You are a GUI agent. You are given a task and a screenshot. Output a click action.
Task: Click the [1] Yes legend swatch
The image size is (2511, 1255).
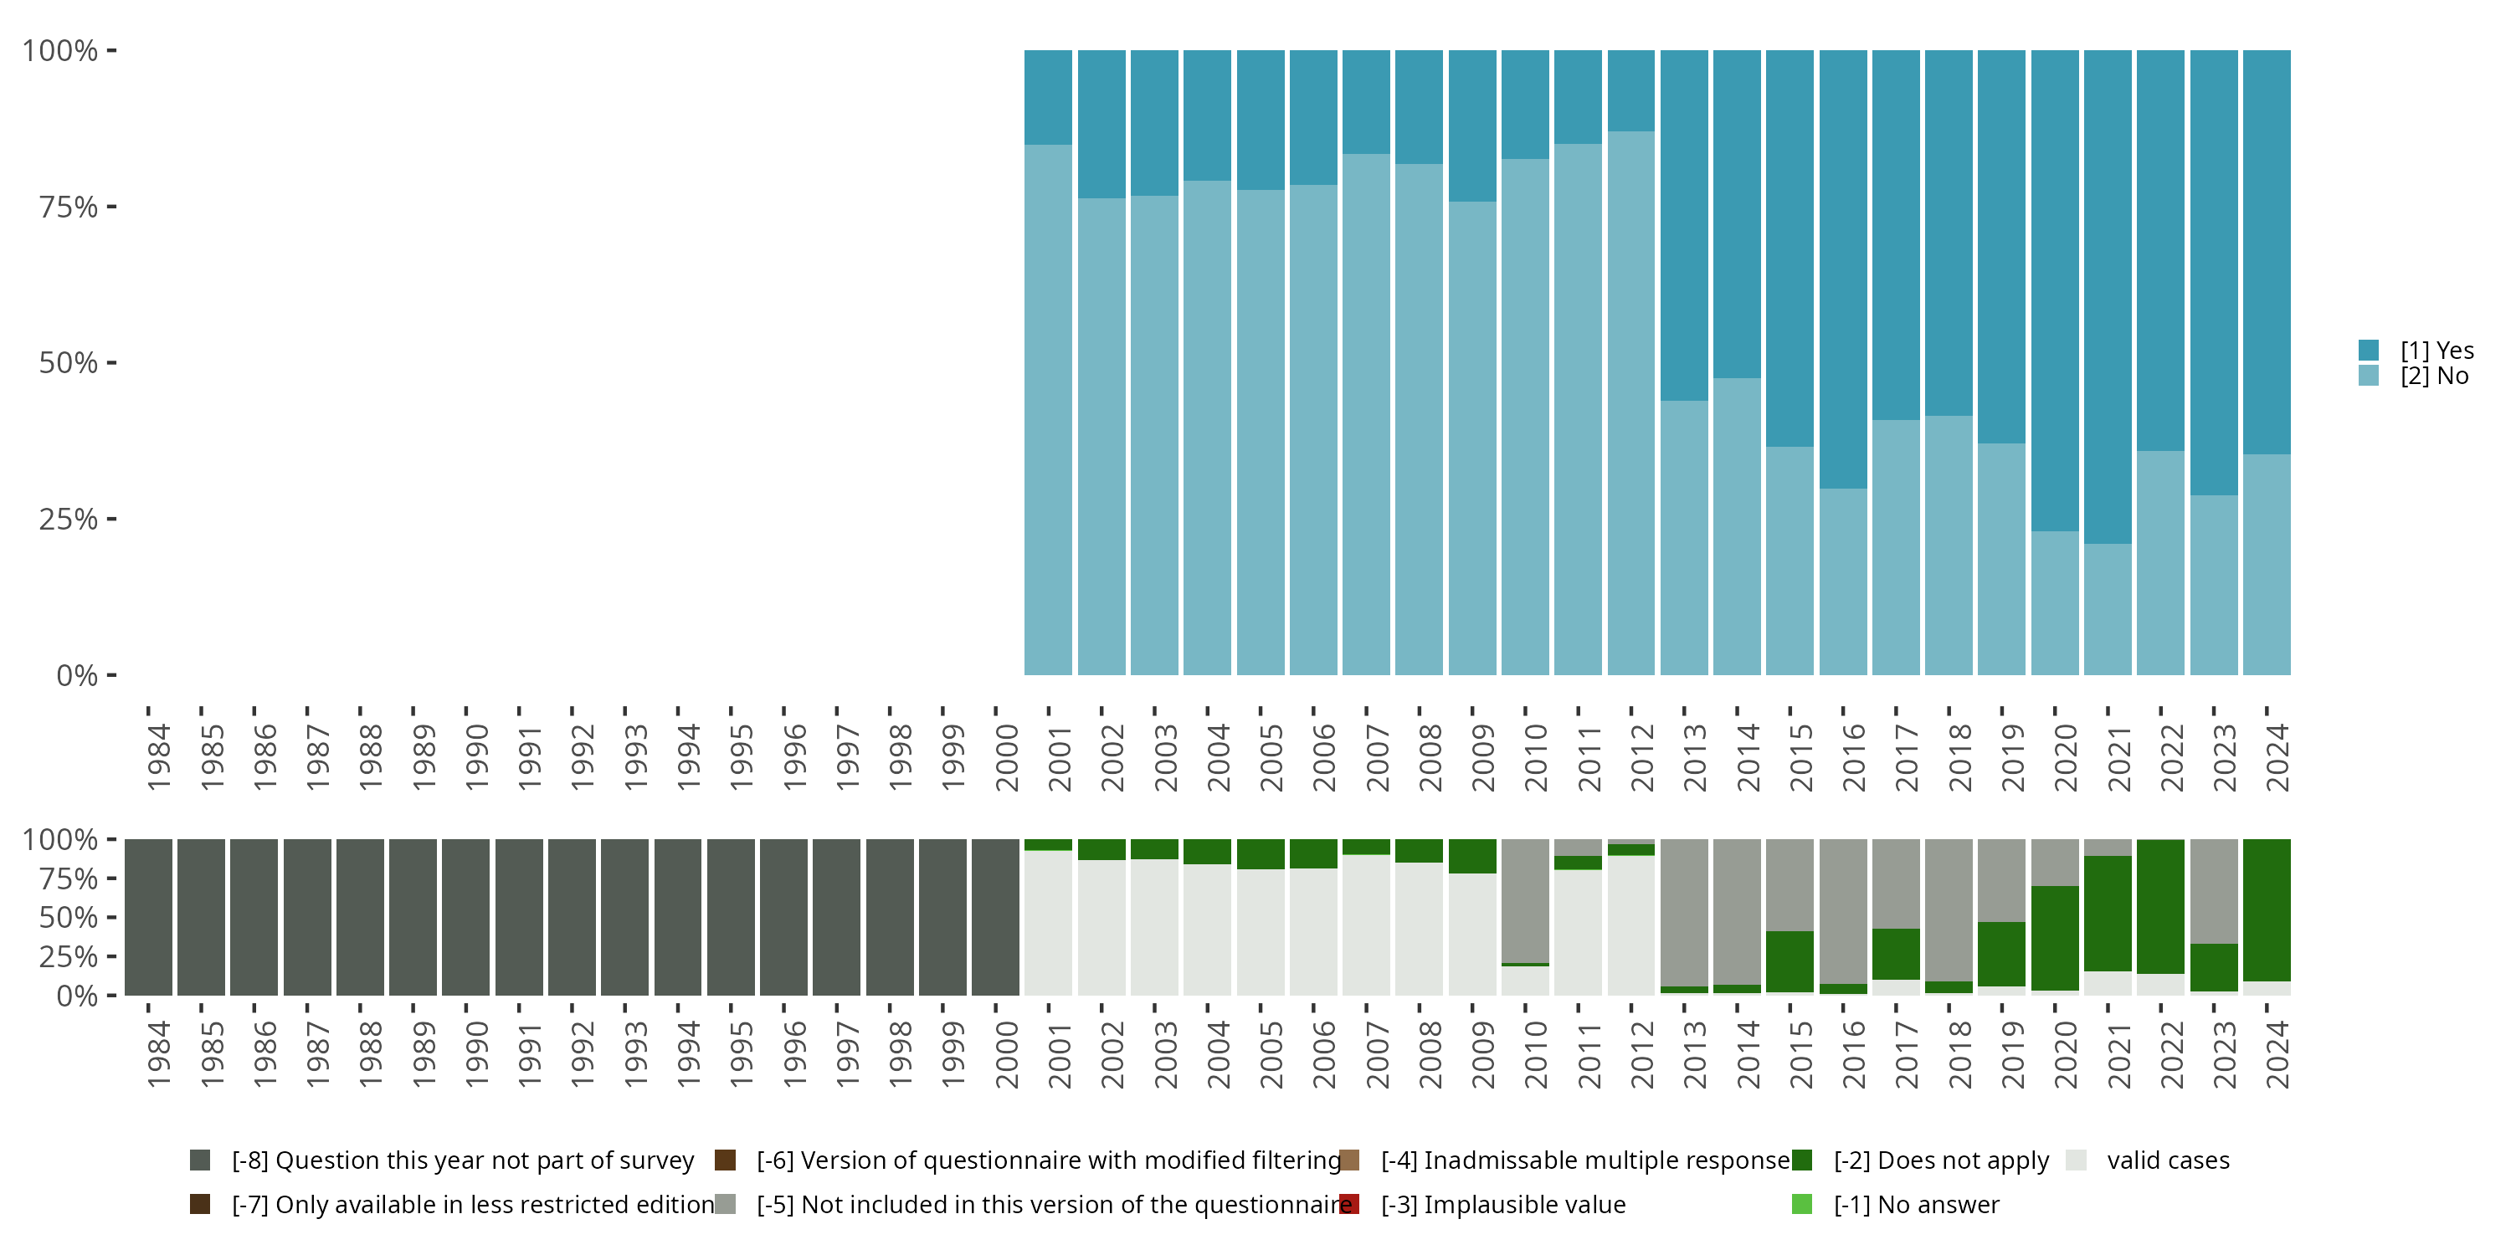click(x=2369, y=350)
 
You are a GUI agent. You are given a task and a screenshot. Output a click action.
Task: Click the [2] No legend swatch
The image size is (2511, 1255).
click(x=2369, y=375)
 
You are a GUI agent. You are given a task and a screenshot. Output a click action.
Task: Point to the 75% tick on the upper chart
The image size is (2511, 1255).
click(x=111, y=207)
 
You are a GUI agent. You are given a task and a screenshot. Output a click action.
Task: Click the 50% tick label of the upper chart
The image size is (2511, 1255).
click(x=69, y=363)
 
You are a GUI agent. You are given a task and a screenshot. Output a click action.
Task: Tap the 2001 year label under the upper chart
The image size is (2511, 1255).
click(x=1060, y=758)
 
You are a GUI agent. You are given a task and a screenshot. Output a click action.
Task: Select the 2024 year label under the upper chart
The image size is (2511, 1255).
click(x=2277, y=758)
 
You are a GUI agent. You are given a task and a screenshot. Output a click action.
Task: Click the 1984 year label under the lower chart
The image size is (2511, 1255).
click(x=159, y=1054)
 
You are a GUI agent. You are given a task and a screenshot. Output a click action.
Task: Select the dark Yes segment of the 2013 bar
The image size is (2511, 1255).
click(x=1684, y=225)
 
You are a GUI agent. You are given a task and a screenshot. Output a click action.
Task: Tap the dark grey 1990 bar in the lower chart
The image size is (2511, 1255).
click(x=466, y=917)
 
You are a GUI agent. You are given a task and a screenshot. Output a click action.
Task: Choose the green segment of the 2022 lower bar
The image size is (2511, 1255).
click(x=2160, y=906)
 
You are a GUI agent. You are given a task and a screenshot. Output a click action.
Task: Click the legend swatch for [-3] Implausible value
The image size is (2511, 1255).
click(x=1350, y=1204)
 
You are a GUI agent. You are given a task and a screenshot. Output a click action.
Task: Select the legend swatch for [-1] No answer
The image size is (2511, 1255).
click(x=1801, y=1204)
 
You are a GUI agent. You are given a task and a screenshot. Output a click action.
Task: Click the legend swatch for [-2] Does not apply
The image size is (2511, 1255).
click(x=1801, y=1160)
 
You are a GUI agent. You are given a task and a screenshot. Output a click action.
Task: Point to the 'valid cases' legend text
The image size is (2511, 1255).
click(x=2168, y=1160)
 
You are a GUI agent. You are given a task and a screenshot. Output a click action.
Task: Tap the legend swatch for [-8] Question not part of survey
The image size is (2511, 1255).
click(x=200, y=1160)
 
